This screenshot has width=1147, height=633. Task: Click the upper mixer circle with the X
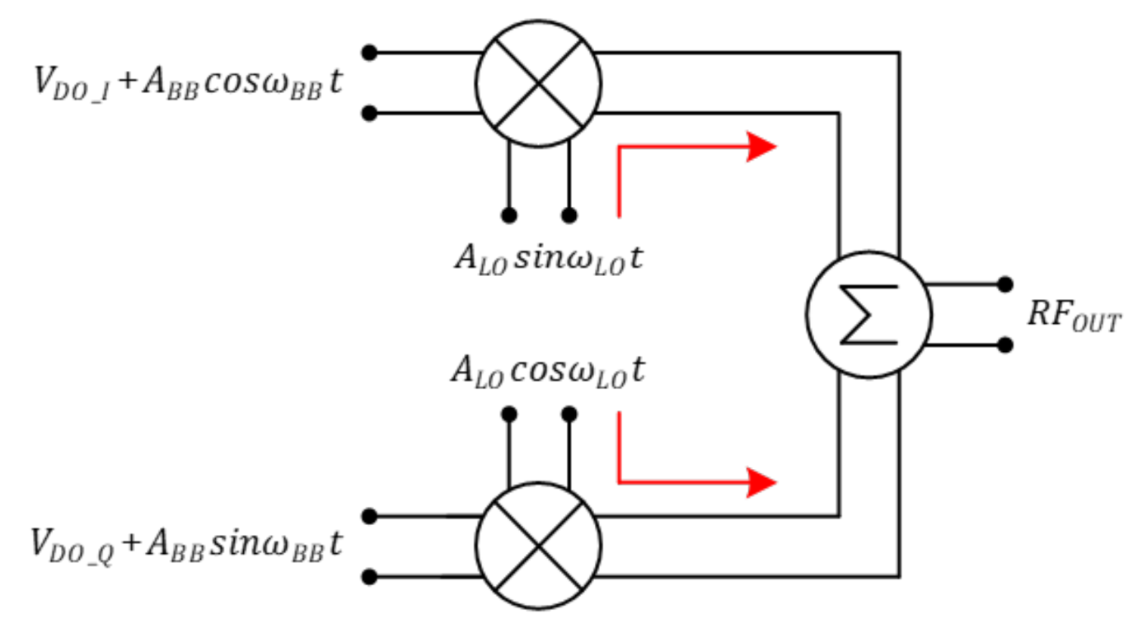[x=538, y=82]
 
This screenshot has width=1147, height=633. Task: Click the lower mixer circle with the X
[x=538, y=546]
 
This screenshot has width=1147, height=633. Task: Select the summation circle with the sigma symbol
[x=868, y=315]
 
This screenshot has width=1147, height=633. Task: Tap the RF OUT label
[x=1074, y=317]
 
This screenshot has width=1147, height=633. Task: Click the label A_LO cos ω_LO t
[x=548, y=371]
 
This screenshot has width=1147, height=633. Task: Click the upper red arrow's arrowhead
[x=761, y=147]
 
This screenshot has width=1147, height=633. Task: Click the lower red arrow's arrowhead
[x=761, y=481]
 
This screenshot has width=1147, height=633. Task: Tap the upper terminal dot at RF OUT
[x=1004, y=284]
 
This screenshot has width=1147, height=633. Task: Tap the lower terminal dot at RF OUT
[x=1004, y=344]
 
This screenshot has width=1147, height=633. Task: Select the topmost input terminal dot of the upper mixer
[x=370, y=53]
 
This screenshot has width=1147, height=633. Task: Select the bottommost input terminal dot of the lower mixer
[x=370, y=576]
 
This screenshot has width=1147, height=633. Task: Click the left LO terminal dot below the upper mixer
[x=509, y=215]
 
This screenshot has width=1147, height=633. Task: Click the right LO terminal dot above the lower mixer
[x=569, y=414]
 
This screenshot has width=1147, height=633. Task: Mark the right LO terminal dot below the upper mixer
[x=569, y=215]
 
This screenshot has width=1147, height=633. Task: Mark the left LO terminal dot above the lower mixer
[x=509, y=414]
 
